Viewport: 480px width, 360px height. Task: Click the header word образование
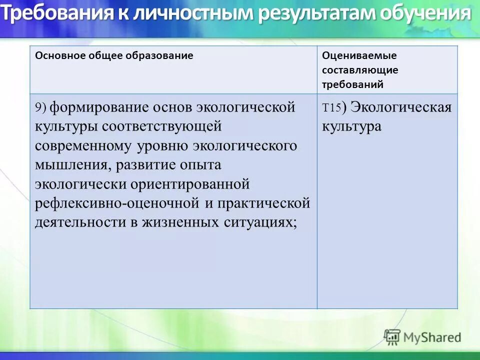[x=163, y=55]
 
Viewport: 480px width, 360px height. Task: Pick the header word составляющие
[x=360, y=70]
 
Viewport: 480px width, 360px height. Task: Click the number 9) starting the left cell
[x=40, y=108]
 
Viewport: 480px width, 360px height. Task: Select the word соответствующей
[x=162, y=126]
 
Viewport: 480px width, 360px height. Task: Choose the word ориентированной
[x=190, y=184]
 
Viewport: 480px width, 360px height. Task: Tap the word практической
[x=268, y=203]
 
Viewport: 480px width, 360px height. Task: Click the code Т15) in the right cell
[x=332, y=107]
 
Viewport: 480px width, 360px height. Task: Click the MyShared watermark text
[x=432, y=337]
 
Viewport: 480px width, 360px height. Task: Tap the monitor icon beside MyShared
[x=392, y=337]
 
